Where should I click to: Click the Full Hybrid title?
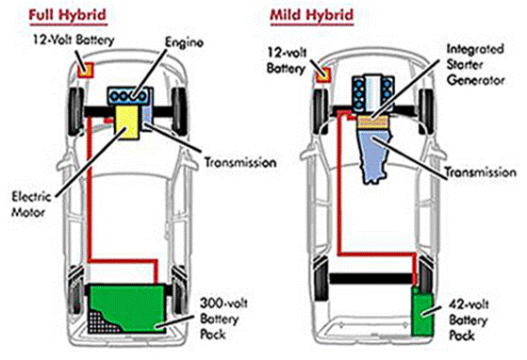click(68, 15)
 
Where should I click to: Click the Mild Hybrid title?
click(312, 15)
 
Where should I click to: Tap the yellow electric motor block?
click(127, 122)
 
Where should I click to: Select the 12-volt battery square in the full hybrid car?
click(86, 70)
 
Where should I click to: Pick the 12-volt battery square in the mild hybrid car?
click(323, 74)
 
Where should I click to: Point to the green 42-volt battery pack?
click(422, 311)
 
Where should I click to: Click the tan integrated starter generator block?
click(372, 122)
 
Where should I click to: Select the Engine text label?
click(184, 42)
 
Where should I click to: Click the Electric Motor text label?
click(31, 205)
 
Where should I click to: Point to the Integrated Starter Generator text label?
click(475, 65)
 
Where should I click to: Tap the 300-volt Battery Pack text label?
click(223, 319)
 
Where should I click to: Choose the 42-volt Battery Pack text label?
click(469, 319)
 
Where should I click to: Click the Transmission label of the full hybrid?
click(240, 162)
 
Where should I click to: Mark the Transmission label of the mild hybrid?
click(480, 172)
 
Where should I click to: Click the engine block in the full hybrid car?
click(129, 96)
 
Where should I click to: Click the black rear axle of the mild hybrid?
click(371, 278)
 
